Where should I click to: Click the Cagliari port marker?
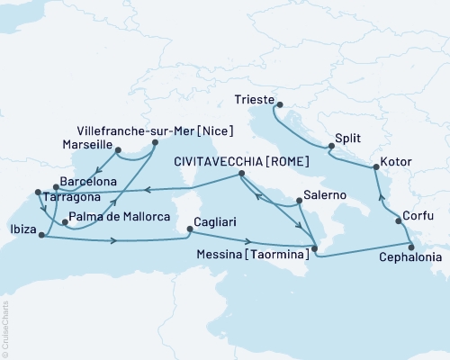[189, 229]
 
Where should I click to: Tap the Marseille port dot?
[117, 150]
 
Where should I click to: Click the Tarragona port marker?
[37, 191]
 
